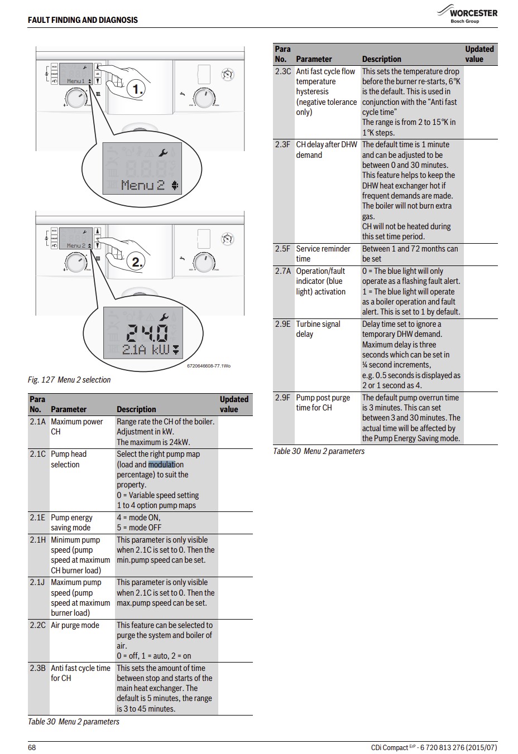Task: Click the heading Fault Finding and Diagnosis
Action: (83, 20)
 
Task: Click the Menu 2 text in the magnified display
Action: (142, 185)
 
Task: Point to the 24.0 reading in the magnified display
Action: (146, 333)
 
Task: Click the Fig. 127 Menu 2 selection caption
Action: (69, 380)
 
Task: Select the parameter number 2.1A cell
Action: (37, 422)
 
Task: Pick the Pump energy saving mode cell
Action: (71, 523)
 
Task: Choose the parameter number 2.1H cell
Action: (37, 540)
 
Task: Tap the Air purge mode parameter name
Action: (75, 625)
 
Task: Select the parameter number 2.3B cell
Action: (38, 668)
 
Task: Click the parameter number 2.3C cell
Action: (283, 71)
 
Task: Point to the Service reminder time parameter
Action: (323, 254)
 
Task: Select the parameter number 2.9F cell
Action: (283, 398)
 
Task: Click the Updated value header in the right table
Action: (479, 54)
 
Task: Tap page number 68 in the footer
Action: (32, 747)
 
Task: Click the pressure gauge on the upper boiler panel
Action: (227, 74)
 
